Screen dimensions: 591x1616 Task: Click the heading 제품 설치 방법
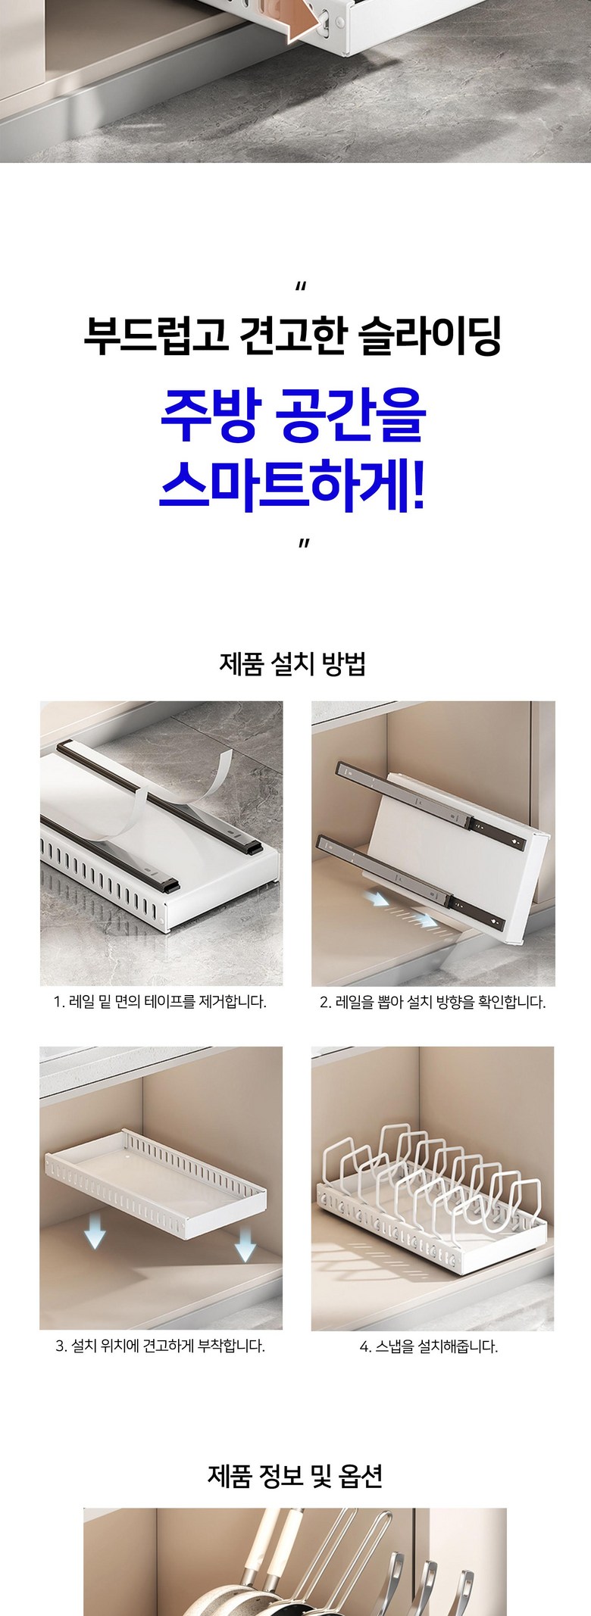pos(292,664)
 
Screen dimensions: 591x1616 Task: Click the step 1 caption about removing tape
pos(160,1002)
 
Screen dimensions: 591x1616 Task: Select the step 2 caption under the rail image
pos(433,1002)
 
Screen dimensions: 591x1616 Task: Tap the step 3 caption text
pos(160,1346)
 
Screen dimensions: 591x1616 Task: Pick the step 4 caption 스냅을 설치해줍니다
pos(429,1346)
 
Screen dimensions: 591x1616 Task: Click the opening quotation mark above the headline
pos(301,288)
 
